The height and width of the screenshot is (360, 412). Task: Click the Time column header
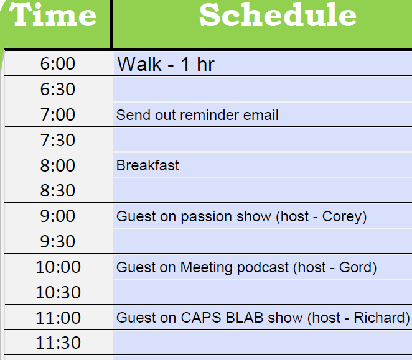pyautogui.click(x=52, y=15)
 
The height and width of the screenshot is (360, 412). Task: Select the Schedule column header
pyautogui.click(x=278, y=15)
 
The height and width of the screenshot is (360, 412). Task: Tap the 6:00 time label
pyautogui.click(x=57, y=63)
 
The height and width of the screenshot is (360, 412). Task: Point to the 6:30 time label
pyautogui.click(x=57, y=89)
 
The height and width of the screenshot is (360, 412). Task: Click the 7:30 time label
pyautogui.click(x=57, y=140)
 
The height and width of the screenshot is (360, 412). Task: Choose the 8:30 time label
pyautogui.click(x=57, y=190)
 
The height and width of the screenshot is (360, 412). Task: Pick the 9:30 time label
pyautogui.click(x=57, y=241)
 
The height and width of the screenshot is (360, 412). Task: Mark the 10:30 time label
pyautogui.click(x=58, y=292)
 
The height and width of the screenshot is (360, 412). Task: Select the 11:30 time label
pyautogui.click(x=58, y=343)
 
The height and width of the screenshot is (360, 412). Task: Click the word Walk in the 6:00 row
pyautogui.click(x=139, y=64)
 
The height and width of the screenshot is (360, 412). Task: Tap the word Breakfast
pyautogui.click(x=147, y=165)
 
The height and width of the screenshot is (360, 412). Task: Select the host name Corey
pyautogui.click(x=342, y=217)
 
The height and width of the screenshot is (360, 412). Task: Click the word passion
pyautogui.click(x=206, y=217)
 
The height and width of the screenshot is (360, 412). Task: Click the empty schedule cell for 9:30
pyautogui.click(x=261, y=241)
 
